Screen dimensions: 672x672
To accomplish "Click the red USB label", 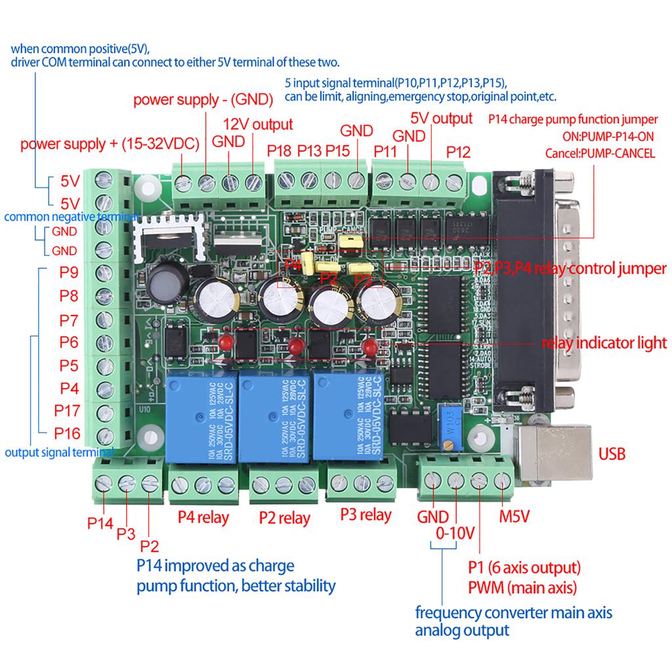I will pos(612,453).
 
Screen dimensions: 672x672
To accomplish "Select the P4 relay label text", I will pos(203,517).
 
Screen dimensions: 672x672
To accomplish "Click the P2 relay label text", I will pos(284,518).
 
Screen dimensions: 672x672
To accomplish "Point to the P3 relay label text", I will pos(366,514).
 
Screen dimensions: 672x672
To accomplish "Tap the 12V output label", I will pos(258,124).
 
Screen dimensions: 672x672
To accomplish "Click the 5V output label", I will pos(441,118).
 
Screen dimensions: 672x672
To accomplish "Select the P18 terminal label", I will pos(279,151).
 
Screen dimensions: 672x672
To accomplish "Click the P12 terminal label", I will pos(459,152).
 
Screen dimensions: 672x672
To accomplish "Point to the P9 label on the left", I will pos(69,272).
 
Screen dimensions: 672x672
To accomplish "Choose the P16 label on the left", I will pos(67,432).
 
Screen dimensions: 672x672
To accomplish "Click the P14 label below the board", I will pos(100,523).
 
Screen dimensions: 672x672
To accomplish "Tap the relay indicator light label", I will pos(604,342).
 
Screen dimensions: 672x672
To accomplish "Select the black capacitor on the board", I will pos(162,284).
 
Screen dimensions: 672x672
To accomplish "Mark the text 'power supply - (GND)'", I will pos(203,100).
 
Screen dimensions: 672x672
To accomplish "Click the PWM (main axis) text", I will pos(522,586).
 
